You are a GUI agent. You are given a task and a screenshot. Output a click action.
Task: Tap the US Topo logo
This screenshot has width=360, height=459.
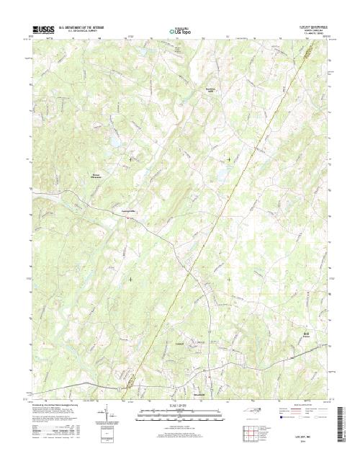180,31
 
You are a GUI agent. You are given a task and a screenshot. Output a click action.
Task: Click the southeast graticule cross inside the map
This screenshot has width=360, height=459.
229,279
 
